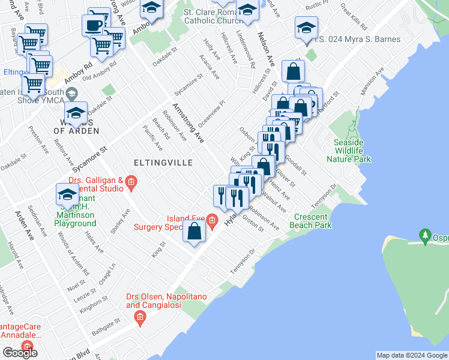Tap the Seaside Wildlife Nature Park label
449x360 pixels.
click(349, 151)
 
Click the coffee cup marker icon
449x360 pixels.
click(93, 26)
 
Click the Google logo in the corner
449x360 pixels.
click(20, 353)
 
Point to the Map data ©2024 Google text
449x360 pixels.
click(412, 355)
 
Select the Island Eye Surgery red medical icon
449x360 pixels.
click(212, 222)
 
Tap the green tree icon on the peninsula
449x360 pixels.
click(426, 233)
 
